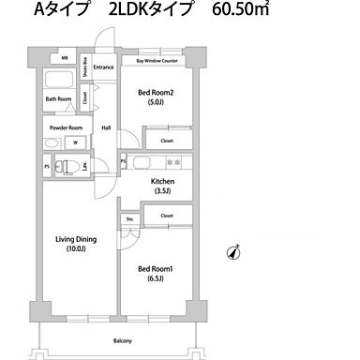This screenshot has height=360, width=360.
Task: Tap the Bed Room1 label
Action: click(x=151, y=269)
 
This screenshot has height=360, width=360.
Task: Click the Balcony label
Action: click(x=123, y=340)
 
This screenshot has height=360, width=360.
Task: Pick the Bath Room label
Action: click(x=58, y=98)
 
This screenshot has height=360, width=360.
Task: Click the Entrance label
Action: click(x=104, y=67)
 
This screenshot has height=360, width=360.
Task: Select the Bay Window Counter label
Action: click(x=157, y=60)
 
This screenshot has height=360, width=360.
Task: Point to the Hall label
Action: click(x=106, y=128)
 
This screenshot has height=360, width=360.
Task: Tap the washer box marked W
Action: click(x=76, y=143)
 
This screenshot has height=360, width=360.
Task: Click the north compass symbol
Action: click(x=233, y=252)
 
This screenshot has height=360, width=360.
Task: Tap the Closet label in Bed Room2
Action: click(x=166, y=141)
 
